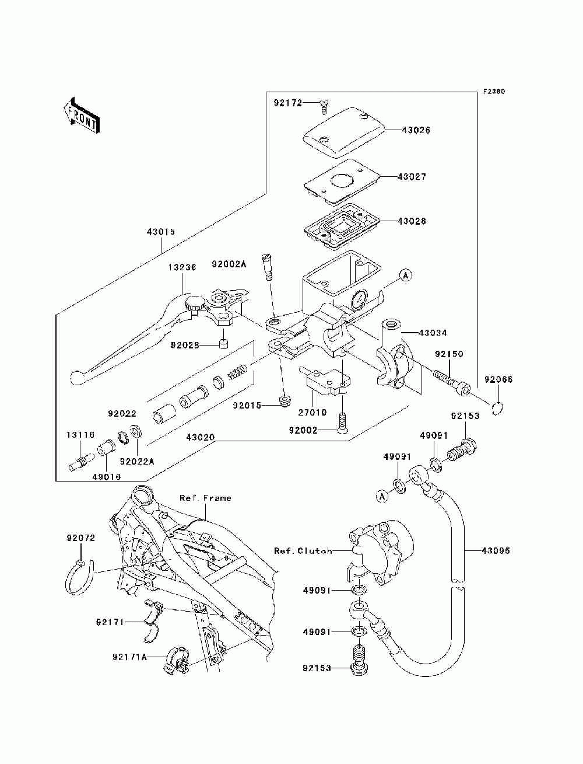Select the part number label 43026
click(x=416, y=130)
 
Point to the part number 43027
click(x=412, y=176)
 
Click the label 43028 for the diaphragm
click(x=412, y=221)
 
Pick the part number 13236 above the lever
click(x=182, y=267)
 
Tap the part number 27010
click(x=312, y=412)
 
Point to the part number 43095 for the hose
click(x=496, y=550)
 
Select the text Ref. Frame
click(x=205, y=498)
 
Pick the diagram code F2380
click(x=493, y=92)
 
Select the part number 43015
click(x=160, y=232)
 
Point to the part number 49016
click(x=106, y=476)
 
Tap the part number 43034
click(x=433, y=333)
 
